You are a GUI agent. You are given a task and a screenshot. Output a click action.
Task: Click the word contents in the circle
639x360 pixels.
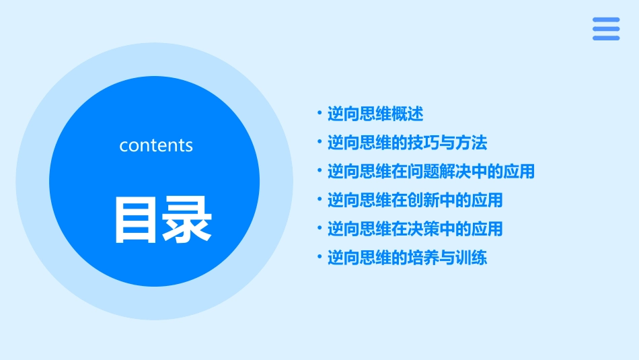pyautogui.click(x=156, y=145)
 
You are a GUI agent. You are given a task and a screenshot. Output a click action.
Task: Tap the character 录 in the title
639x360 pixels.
pyautogui.click(x=188, y=219)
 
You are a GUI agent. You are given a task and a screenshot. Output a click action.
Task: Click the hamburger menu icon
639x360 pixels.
pyautogui.click(x=605, y=29)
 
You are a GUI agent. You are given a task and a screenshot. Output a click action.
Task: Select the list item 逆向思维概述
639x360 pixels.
pyautogui.click(x=375, y=114)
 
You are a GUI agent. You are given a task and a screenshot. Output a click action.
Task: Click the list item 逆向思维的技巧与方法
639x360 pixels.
pyautogui.click(x=407, y=143)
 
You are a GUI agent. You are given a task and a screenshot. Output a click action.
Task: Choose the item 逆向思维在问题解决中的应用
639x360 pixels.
pyautogui.click(x=430, y=172)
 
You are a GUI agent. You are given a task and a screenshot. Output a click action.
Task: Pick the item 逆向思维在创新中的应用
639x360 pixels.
pyautogui.click(x=415, y=200)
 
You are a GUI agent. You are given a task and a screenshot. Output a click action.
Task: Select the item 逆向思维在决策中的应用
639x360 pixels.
pyautogui.click(x=415, y=229)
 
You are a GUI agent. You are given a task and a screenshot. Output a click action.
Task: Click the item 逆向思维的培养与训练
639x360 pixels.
pyautogui.click(x=407, y=258)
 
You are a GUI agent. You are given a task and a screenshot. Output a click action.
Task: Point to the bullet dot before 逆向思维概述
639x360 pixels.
pyautogui.click(x=320, y=114)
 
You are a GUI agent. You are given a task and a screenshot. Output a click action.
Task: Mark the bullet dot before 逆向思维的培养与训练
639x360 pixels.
pyautogui.click(x=320, y=258)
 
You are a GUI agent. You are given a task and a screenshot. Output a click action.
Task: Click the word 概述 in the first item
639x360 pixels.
pyautogui.click(x=408, y=114)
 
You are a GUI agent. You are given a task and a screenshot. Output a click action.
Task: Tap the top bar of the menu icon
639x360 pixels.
pyautogui.click(x=605, y=20)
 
